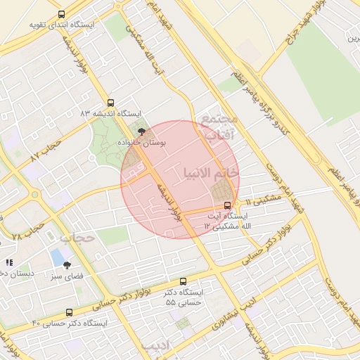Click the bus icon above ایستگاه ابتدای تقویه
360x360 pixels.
(x=61, y=14)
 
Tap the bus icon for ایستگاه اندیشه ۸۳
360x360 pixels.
(x=110, y=103)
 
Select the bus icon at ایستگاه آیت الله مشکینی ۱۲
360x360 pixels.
(x=226, y=205)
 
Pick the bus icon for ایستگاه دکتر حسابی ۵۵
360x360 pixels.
(x=184, y=281)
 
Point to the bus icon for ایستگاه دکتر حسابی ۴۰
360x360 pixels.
(x=69, y=312)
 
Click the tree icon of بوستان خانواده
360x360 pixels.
(x=142, y=131)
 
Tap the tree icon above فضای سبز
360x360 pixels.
(x=67, y=265)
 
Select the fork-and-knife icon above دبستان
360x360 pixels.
(x=9, y=262)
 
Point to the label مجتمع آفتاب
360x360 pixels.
(x=220, y=127)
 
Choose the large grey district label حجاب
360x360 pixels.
(x=77, y=238)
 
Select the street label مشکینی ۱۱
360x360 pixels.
(x=263, y=200)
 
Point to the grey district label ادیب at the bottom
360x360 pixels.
(x=156, y=346)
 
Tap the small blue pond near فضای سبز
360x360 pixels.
(x=56, y=257)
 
